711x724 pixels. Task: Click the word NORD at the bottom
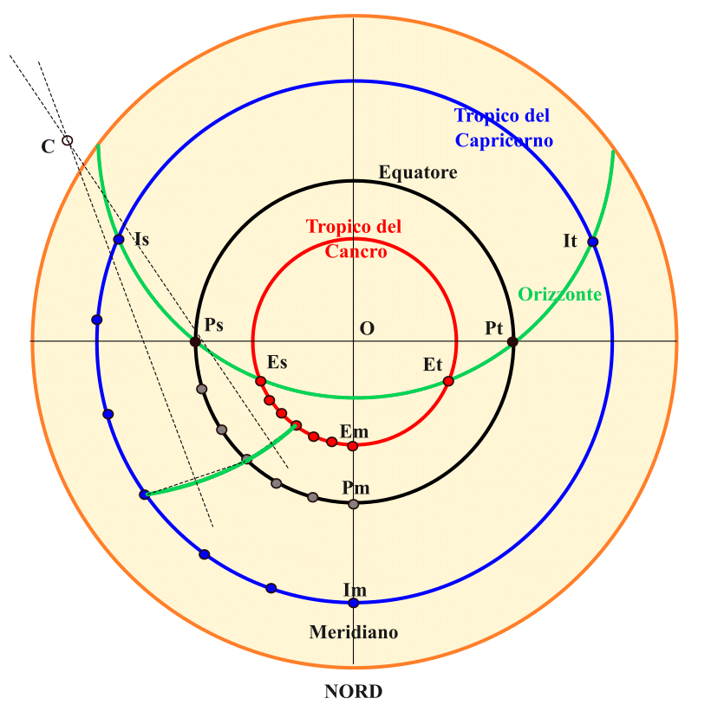click(353, 692)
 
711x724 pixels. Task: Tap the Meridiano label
click(354, 633)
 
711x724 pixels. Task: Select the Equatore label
click(418, 172)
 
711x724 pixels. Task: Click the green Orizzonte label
click(560, 294)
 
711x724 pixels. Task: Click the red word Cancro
click(355, 251)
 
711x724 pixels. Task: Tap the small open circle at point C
click(68, 140)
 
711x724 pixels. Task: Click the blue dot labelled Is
click(119, 239)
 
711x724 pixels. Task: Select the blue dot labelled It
click(593, 242)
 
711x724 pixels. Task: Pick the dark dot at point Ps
click(195, 342)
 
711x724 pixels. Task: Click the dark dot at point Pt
click(512, 342)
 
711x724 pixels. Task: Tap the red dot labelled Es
click(260, 381)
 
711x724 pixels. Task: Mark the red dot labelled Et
click(448, 381)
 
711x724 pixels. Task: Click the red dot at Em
click(352, 446)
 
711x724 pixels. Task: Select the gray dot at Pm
click(353, 504)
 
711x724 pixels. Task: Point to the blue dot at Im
click(353, 602)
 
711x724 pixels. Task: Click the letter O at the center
click(367, 329)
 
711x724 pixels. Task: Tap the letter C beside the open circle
click(48, 146)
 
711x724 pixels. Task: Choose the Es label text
click(277, 362)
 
